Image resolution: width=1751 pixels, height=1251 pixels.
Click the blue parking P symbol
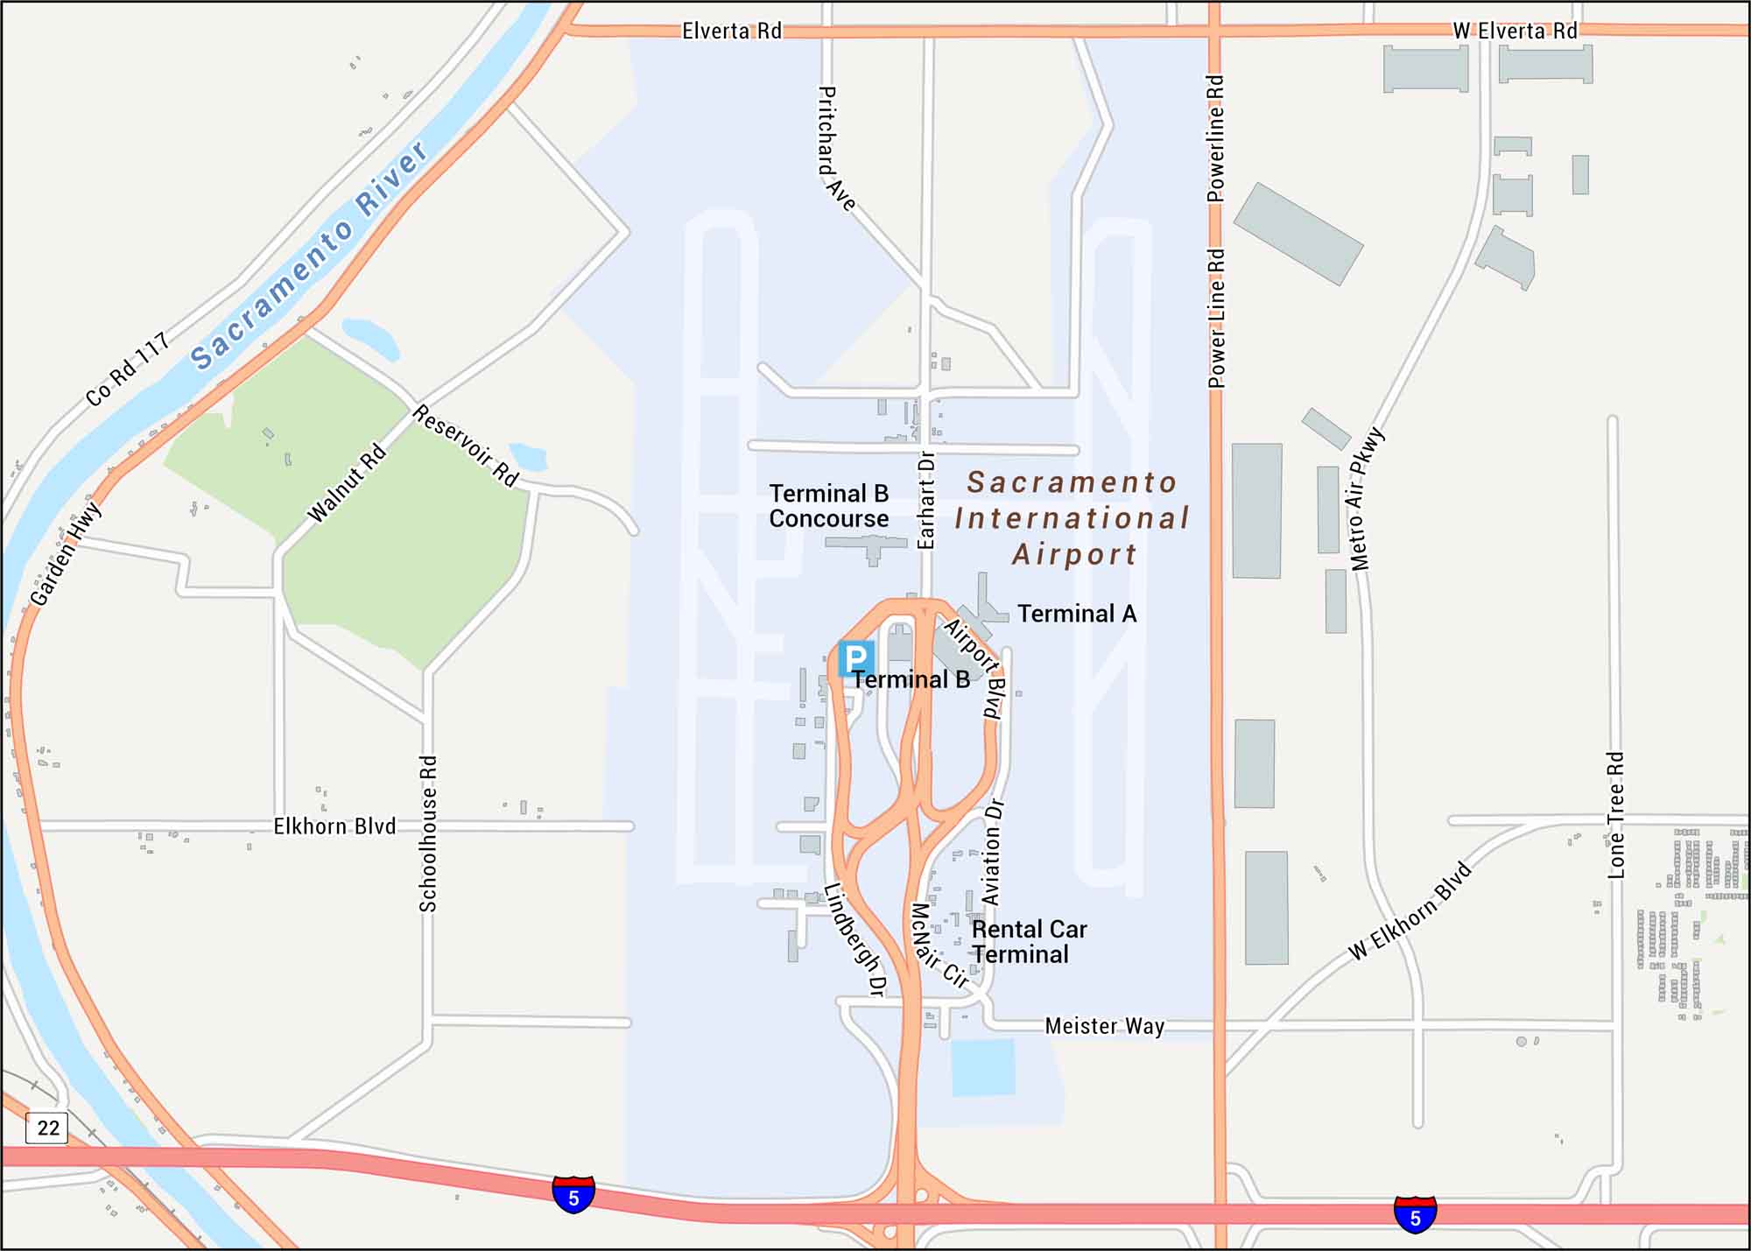click(855, 657)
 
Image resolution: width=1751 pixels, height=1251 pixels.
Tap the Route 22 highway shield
click(47, 1127)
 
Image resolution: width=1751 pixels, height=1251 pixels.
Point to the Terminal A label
click(1077, 614)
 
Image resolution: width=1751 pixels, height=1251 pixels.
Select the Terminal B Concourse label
click(828, 506)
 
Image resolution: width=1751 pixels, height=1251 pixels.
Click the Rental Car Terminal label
click(1029, 942)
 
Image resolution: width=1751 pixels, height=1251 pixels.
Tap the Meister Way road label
click(1104, 1026)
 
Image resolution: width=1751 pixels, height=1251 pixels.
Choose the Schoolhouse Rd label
click(428, 833)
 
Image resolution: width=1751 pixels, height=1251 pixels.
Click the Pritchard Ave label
click(835, 148)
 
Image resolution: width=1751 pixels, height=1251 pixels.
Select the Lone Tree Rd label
click(1616, 815)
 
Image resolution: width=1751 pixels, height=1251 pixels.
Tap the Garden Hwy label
click(66, 554)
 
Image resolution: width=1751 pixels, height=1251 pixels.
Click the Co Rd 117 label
click(127, 369)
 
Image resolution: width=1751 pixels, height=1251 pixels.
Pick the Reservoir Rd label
click(466, 445)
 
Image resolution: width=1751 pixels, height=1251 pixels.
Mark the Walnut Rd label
click(347, 483)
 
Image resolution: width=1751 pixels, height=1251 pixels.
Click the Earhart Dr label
click(926, 500)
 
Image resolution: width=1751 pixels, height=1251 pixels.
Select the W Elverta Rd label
click(1515, 31)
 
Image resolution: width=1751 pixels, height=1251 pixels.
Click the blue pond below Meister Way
click(983, 1067)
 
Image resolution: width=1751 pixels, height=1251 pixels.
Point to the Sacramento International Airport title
click(1072, 518)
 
